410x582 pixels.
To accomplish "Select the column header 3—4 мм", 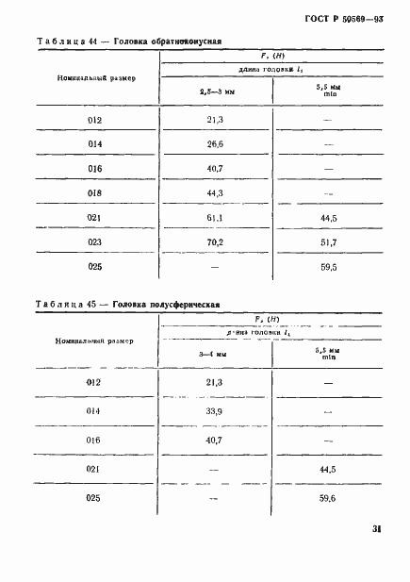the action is [213, 355].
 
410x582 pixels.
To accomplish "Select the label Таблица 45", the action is [69, 305].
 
